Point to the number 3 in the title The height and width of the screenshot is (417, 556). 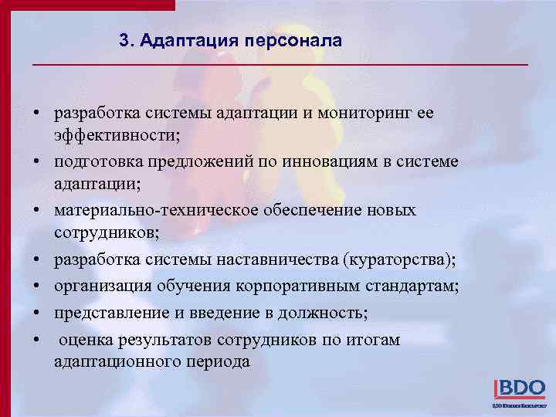coord(125,39)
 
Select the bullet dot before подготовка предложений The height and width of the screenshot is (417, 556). coord(36,162)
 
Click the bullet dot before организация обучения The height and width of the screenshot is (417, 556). coord(36,287)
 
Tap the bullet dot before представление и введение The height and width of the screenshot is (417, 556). coord(36,314)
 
